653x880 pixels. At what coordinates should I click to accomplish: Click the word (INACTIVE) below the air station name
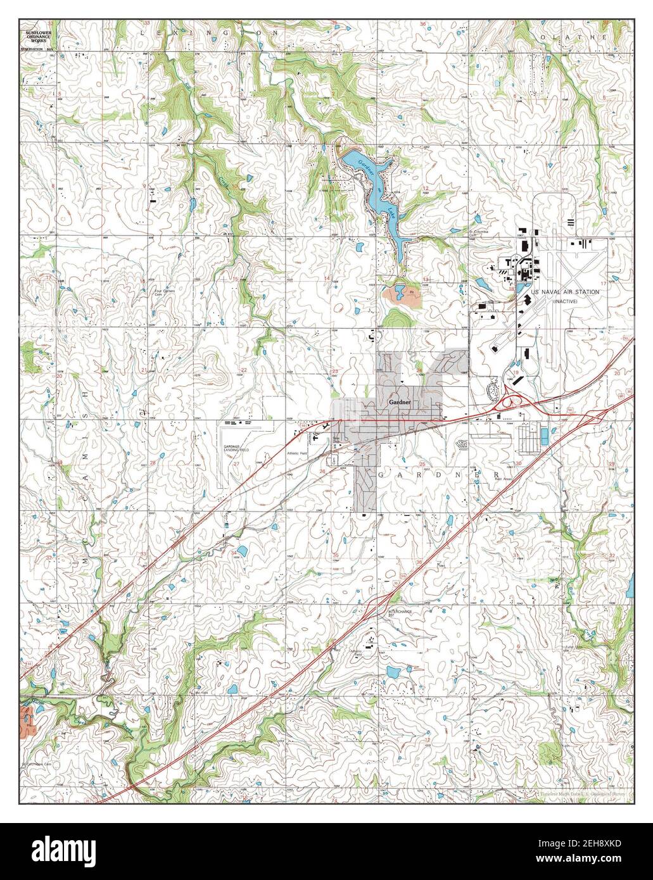569,302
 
